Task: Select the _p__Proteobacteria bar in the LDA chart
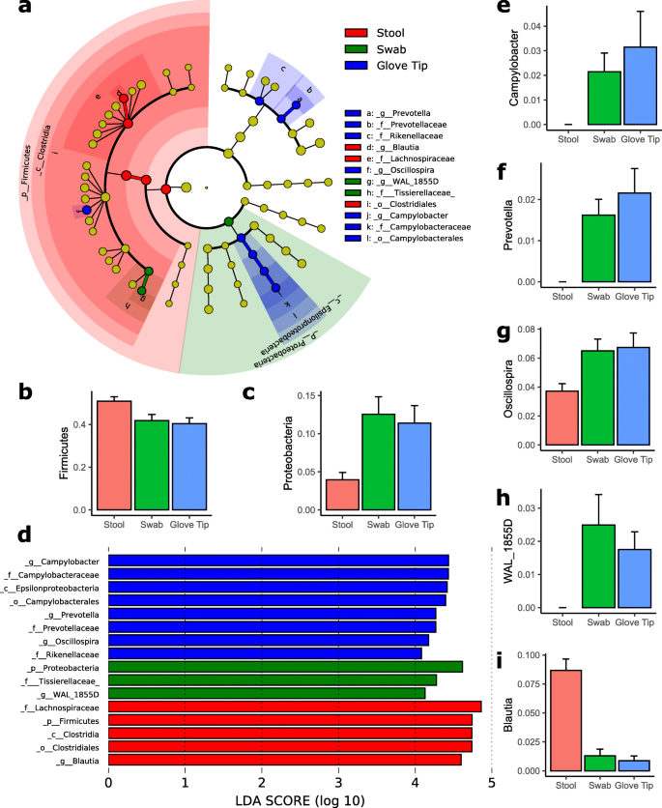pyautogui.click(x=285, y=666)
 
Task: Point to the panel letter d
pyautogui.click(x=14, y=534)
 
